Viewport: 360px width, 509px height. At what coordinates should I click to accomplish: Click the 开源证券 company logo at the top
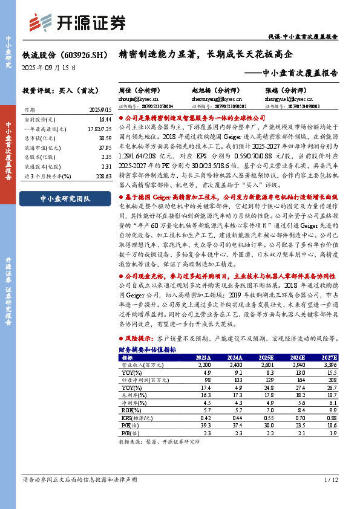point(87,22)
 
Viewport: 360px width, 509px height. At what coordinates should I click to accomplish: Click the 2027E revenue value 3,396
point(328,365)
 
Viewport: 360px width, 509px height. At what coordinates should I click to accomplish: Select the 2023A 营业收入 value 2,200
point(204,365)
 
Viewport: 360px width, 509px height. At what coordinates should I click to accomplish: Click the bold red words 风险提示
point(139,339)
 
